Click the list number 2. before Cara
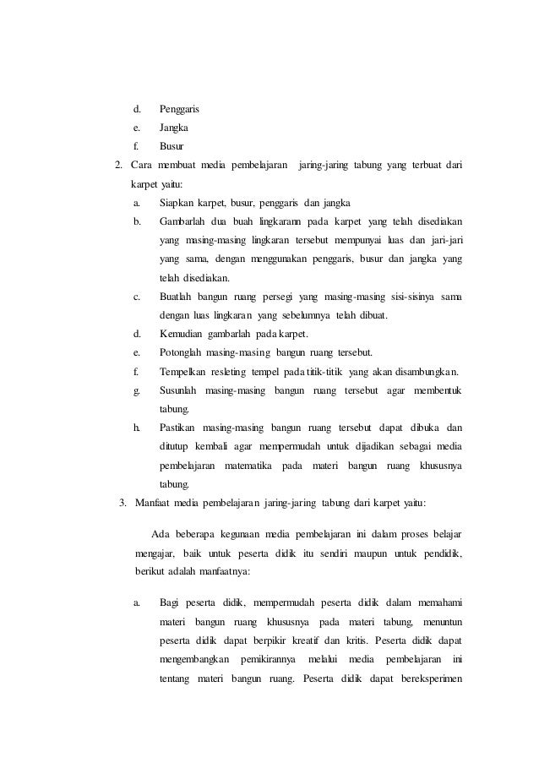[x=119, y=165]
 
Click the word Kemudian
[x=182, y=334]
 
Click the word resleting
[x=221, y=371]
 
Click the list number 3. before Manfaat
[x=123, y=504]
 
